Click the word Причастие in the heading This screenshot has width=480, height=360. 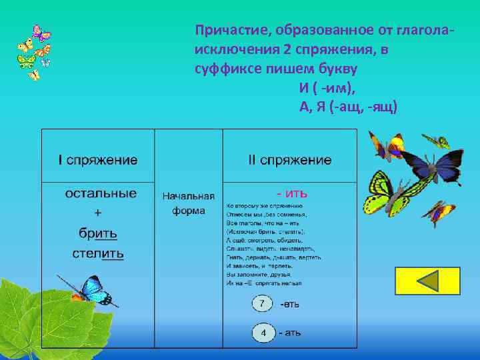[x=222, y=31]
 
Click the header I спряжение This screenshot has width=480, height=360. [x=98, y=160]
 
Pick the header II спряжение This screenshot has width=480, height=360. [x=289, y=160]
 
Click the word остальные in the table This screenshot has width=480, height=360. [x=101, y=193]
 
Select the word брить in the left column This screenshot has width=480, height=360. [x=98, y=233]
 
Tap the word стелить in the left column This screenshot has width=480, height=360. [x=98, y=253]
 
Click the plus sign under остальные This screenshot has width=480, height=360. [x=98, y=213]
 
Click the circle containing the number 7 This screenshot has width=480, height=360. [x=263, y=304]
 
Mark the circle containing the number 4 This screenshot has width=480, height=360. [x=263, y=332]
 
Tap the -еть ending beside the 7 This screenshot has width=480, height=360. [x=289, y=304]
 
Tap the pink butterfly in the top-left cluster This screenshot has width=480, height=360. [x=41, y=33]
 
